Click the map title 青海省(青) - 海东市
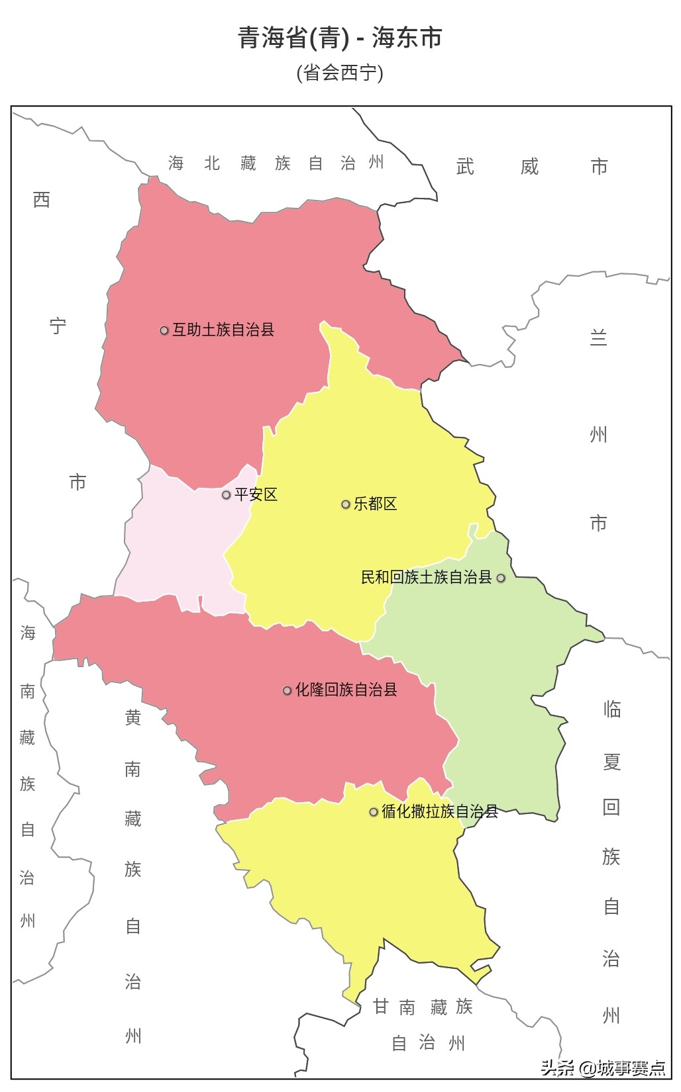coord(340,38)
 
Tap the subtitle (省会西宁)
coord(340,72)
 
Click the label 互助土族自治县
coord(223,330)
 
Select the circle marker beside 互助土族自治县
coord(164,330)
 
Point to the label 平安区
coord(256,494)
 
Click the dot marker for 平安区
coord(226,495)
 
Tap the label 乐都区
coord(375,504)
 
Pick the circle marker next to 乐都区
coord(345,504)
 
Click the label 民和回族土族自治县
coord(426,577)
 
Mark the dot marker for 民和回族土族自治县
coord(501,578)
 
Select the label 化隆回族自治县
coord(346,690)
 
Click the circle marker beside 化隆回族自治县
coord(287,690)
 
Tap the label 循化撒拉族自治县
coord(440,811)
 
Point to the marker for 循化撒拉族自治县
coord(374,812)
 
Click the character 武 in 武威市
coord(465,167)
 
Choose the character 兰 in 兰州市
coord(598,338)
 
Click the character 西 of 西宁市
coord(42,199)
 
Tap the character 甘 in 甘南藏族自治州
coord(380,1007)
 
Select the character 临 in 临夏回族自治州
coord(611,709)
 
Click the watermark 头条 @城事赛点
coord(603,1068)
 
